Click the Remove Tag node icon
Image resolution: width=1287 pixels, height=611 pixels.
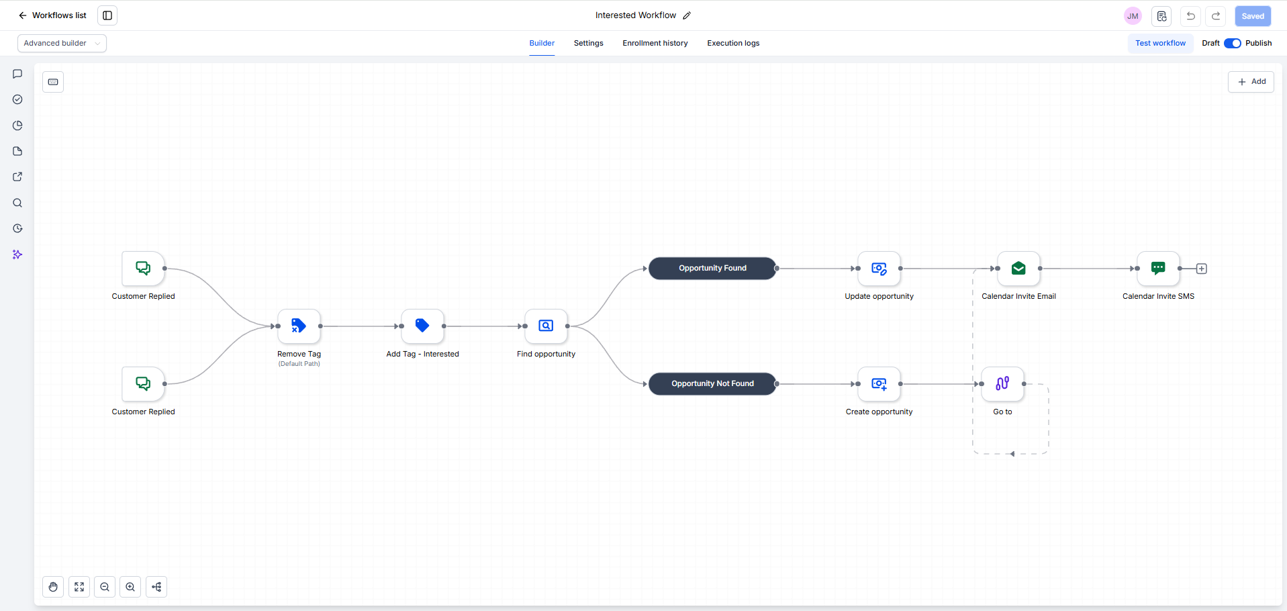point(299,326)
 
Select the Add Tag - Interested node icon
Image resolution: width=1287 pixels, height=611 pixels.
point(422,326)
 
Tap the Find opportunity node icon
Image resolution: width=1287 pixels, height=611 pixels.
point(546,326)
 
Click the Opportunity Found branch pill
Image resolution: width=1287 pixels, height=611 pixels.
point(712,269)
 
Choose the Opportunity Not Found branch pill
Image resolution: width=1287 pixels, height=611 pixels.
point(712,384)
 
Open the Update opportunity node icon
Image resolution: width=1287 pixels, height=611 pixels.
point(879,269)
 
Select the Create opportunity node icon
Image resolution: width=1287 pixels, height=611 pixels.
point(879,384)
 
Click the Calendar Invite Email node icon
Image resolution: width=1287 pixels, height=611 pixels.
point(1018,269)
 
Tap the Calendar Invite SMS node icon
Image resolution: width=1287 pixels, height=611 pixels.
point(1158,269)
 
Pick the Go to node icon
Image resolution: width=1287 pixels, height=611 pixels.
point(1002,384)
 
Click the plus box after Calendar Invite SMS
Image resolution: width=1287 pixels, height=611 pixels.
point(1202,269)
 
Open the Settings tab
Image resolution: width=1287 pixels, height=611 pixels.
point(589,43)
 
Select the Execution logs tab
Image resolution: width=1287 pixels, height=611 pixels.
point(733,43)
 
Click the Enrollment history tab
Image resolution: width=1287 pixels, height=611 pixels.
point(655,43)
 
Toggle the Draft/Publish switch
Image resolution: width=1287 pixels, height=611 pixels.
point(1233,43)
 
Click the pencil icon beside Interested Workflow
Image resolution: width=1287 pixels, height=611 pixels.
point(687,15)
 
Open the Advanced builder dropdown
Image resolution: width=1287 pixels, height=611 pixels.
point(62,43)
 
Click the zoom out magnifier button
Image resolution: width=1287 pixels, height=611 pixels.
point(105,587)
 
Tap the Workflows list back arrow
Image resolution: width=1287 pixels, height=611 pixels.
point(23,15)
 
